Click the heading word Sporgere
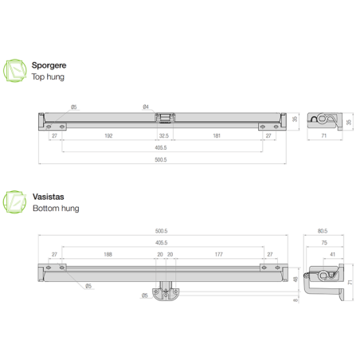click(50, 65)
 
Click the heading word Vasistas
click(49, 196)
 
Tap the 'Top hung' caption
click(49, 77)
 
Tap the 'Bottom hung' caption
click(56, 208)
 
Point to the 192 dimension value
click(108, 136)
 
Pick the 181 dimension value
click(217, 136)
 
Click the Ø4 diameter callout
click(145, 107)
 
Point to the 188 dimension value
click(107, 255)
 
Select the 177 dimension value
click(218, 255)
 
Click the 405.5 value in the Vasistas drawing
click(162, 242)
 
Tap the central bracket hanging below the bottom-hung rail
click(166, 292)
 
